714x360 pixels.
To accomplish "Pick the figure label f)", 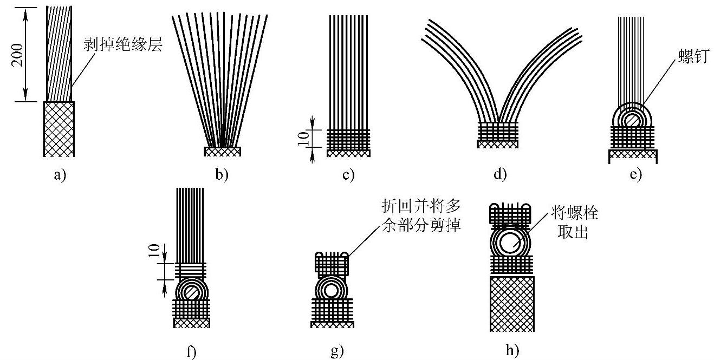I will (x=191, y=352).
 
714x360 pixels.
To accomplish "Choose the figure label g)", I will (x=336, y=352).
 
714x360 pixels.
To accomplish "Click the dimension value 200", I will (x=18, y=53).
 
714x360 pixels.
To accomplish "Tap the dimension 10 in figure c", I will (x=305, y=139).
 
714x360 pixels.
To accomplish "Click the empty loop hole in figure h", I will (x=510, y=243).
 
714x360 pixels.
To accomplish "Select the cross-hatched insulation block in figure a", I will (x=59, y=128).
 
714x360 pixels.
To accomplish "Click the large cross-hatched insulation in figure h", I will (x=511, y=303).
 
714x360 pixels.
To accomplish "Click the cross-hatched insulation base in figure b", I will (x=222, y=152).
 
